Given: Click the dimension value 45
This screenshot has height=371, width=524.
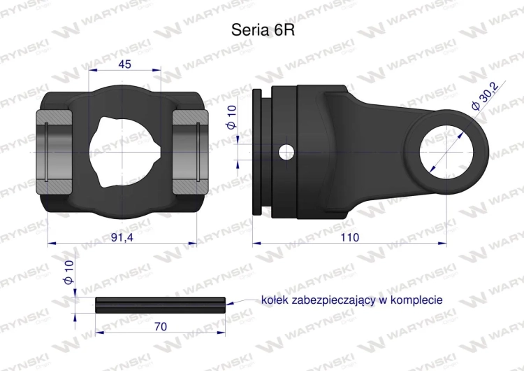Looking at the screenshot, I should click(126, 64).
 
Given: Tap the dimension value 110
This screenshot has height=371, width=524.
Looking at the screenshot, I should click(350, 238).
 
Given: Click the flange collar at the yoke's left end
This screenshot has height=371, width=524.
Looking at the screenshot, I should click(258, 152).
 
